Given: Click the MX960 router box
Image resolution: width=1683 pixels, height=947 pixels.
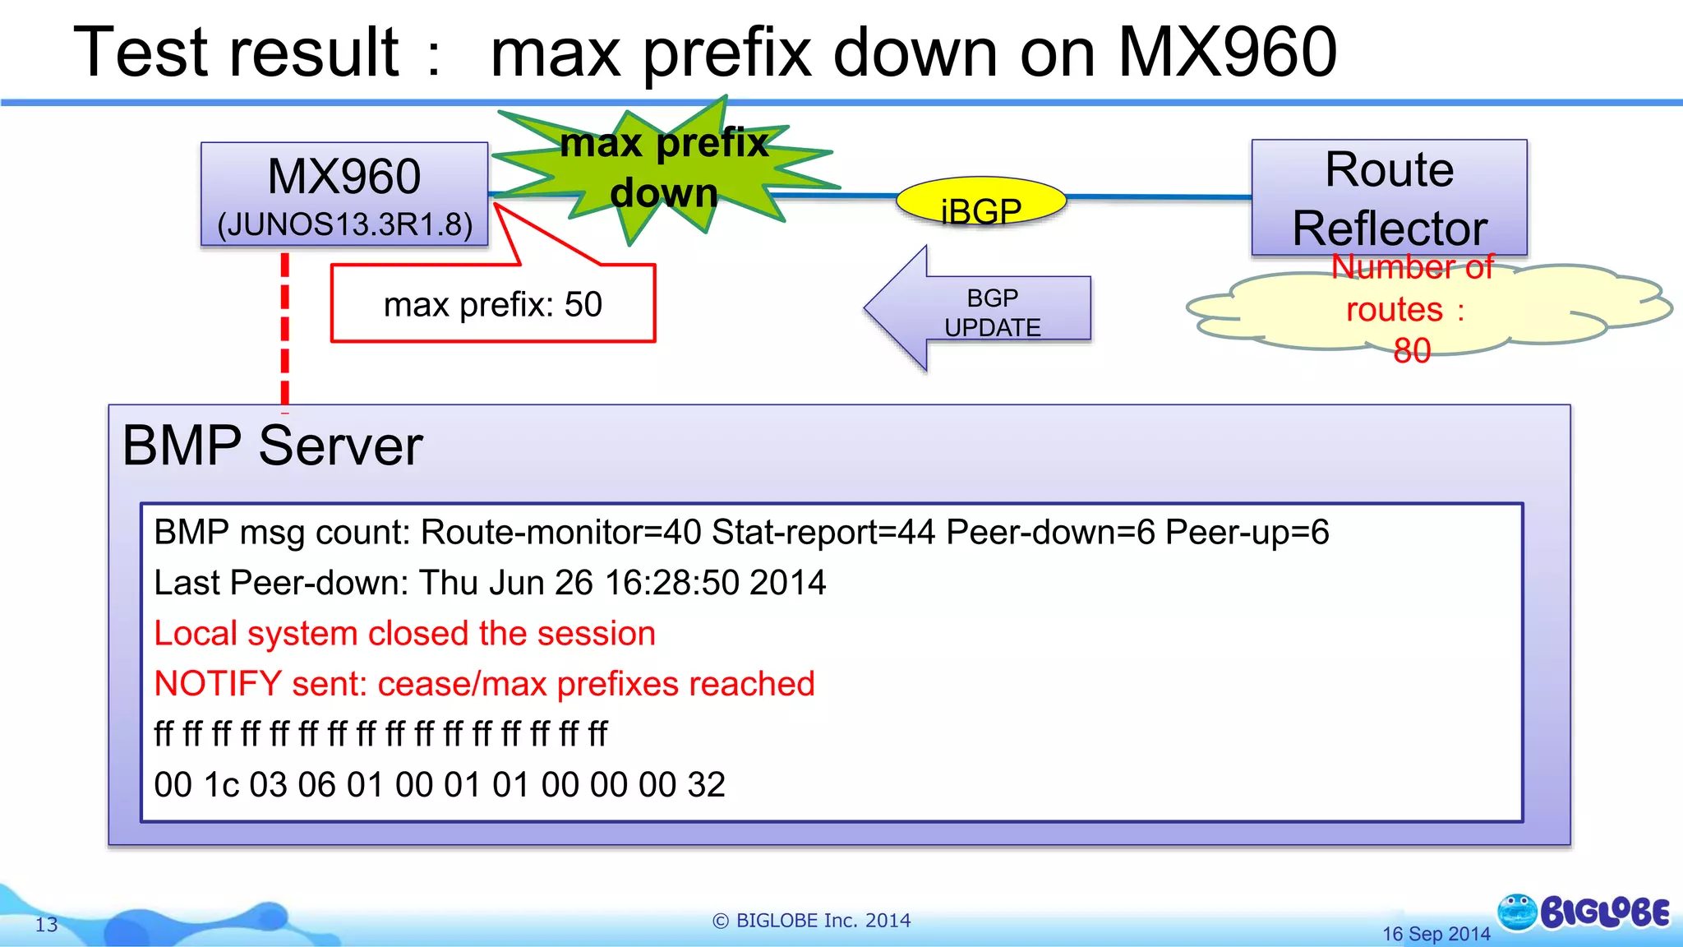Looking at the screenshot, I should (x=344, y=195).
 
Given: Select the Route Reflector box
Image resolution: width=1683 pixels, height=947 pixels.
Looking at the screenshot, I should (x=1389, y=197).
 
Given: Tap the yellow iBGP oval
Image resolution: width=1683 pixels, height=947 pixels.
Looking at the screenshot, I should (x=980, y=202).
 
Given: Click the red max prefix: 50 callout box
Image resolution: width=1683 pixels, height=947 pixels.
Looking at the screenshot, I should (x=493, y=304).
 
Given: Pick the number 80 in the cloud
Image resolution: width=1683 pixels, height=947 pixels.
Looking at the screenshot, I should (x=1412, y=351).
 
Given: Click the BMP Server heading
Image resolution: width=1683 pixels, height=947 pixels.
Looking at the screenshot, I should (x=272, y=446).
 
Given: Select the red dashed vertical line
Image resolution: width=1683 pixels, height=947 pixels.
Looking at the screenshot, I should (x=285, y=329).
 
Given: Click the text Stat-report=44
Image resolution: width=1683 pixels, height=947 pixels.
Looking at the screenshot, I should (x=823, y=533).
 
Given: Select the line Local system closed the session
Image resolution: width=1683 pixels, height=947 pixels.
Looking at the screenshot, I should (x=404, y=634).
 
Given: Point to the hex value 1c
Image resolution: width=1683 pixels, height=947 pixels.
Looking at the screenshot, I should (x=222, y=785).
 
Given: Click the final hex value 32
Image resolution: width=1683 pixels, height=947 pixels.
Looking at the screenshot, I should (x=707, y=785).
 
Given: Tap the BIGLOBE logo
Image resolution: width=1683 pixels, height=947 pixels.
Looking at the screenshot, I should (x=1584, y=912).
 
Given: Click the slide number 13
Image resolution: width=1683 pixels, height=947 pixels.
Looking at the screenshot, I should (x=46, y=925).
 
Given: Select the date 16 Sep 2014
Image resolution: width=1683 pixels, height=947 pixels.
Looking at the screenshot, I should (x=1436, y=934).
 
